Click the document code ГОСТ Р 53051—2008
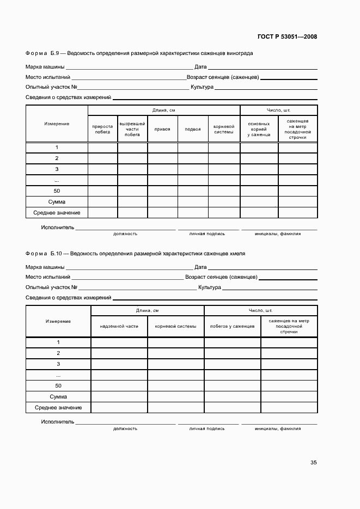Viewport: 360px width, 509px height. pyautogui.click(x=288, y=36)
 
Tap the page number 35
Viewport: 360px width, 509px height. pyautogui.click(x=314, y=463)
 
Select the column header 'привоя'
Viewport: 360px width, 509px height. pyautogui.click(x=162, y=129)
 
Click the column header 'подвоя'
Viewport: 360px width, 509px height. pyautogui.click(x=193, y=129)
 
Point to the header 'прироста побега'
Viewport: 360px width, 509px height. pyautogui.click(x=103, y=129)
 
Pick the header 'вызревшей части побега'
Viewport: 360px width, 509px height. pyautogui.click(x=132, y=129)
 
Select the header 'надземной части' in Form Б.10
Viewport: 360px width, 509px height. pyautogui.click(x=119, y=326)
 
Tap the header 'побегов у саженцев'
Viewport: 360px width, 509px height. pyautogui.click(x=233, y=326)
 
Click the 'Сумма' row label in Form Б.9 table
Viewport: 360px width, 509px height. pyautogui.click(x=57, y=202)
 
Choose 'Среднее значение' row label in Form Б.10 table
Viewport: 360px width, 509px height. pyautogui.click(x=58, y=408)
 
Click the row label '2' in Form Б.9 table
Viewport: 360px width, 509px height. pyautogui.click(x=57, y=158)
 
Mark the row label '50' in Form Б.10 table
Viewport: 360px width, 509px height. pyautogui.click(x=58, y=385)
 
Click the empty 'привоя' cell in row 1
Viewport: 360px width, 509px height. pyautogui.click(x=162, y=148)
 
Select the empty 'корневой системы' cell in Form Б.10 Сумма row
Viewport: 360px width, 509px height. pyautogui.click(x=175, y=397)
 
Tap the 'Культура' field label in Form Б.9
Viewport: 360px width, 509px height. pyautogui.click(x=202, y=87)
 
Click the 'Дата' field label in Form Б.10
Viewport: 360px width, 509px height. pyautogui.click(x=200, y=267)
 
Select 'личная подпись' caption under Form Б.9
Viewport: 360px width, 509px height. pyautogui.click(x=207, y=234)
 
